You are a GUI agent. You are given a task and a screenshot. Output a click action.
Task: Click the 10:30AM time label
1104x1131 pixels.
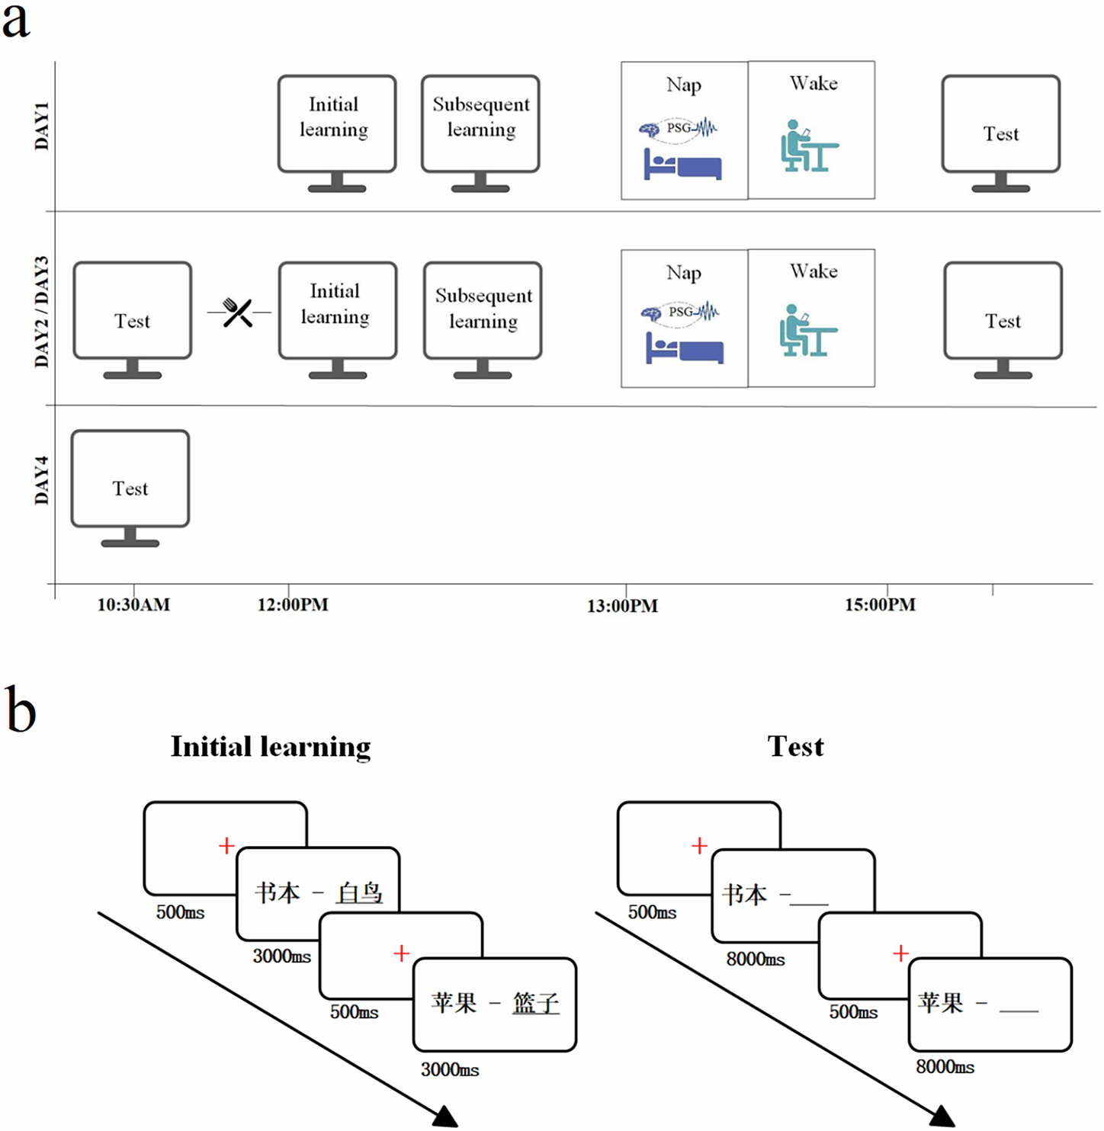point(133,605)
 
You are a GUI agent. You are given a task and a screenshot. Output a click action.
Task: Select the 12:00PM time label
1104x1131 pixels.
point(293,605)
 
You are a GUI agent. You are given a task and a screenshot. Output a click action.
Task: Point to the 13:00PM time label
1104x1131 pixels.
point(622,607)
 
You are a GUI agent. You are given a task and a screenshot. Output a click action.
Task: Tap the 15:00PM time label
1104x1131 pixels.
point(880,605)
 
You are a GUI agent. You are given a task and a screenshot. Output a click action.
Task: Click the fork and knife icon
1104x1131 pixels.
point(238,312)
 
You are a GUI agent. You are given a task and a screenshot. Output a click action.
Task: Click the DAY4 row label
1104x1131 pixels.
point(42,480)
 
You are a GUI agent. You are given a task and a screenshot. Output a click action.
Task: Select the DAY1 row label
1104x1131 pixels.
point(42,126)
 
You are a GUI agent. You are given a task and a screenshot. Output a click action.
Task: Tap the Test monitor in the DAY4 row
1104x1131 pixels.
point(130,488)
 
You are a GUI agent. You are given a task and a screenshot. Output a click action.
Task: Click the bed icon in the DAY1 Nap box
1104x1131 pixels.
point(682,165)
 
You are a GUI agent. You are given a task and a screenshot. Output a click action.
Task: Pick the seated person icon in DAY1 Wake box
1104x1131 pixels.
point(808,146)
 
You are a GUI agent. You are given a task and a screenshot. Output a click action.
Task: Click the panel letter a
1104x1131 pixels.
point(16,21)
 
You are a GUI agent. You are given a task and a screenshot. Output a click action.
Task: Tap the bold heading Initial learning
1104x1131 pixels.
point(271,747)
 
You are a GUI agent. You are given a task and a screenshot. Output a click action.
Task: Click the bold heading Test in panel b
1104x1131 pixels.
point(795,747)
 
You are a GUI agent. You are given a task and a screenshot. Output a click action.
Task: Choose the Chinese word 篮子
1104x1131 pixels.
point(535,1003)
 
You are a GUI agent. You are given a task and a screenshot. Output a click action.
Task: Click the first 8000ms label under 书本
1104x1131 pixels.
point(755,960)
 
